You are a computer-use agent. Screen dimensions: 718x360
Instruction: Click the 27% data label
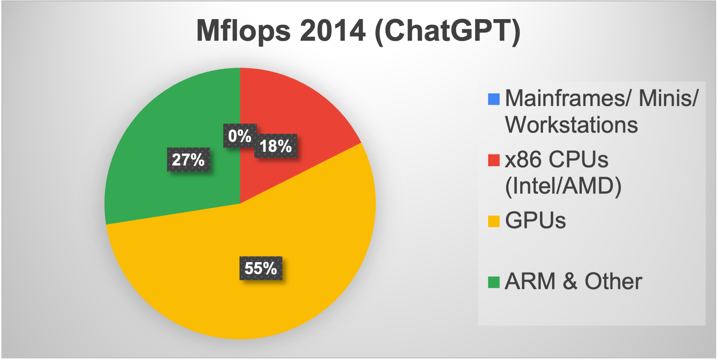188,160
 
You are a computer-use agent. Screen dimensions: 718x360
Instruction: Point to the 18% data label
276,146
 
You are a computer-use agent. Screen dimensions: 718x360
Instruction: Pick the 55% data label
261,268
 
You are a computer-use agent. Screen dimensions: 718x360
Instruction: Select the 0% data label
240,136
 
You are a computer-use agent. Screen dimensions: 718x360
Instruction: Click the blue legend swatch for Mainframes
494,99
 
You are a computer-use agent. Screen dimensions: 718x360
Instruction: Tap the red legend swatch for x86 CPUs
494,160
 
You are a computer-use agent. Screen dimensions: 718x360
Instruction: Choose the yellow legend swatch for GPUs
494,221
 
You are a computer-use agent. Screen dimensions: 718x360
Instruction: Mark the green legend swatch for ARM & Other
494,283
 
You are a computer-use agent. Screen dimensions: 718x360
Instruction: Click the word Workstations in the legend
571,125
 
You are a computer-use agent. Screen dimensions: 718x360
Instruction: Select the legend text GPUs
535,220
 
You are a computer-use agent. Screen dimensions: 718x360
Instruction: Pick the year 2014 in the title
333,31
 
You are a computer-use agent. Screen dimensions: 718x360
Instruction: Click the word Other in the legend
613,281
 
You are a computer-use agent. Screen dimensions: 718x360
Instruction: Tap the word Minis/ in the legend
669,98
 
